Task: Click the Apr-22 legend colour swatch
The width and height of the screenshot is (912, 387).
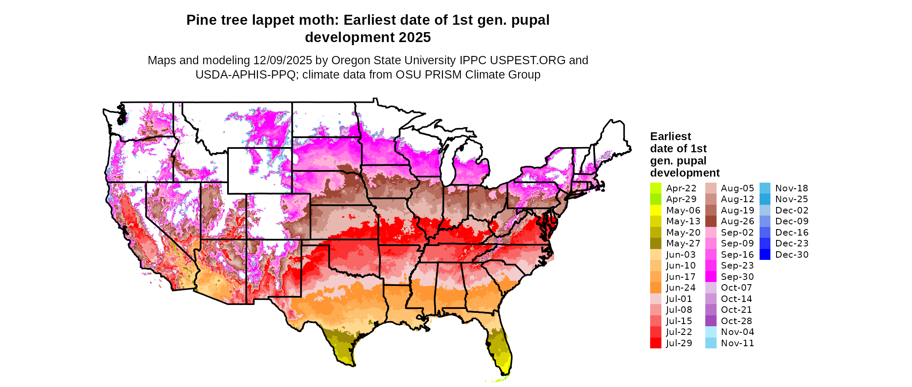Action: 655,188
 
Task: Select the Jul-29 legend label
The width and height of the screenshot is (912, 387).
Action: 679,343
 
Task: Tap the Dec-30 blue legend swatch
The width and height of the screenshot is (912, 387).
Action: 765,255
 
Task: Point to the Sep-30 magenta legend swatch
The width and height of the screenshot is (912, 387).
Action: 710,277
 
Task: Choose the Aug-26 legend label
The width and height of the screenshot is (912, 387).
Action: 737,221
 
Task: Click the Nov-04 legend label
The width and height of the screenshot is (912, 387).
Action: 737,332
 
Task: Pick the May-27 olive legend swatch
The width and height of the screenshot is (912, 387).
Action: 655,243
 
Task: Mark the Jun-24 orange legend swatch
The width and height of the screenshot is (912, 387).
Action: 655,288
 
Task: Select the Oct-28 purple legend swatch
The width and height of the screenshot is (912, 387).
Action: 710,321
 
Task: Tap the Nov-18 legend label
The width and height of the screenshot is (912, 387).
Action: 792,188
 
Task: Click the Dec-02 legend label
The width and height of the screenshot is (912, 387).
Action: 792,210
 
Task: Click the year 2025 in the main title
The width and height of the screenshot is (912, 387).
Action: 415,37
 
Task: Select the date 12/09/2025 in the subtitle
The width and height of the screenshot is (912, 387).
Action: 283,60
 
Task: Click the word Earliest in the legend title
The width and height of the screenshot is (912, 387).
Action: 670,136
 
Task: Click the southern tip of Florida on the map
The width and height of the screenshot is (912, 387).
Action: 506,373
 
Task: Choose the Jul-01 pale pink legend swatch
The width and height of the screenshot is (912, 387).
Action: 655,299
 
